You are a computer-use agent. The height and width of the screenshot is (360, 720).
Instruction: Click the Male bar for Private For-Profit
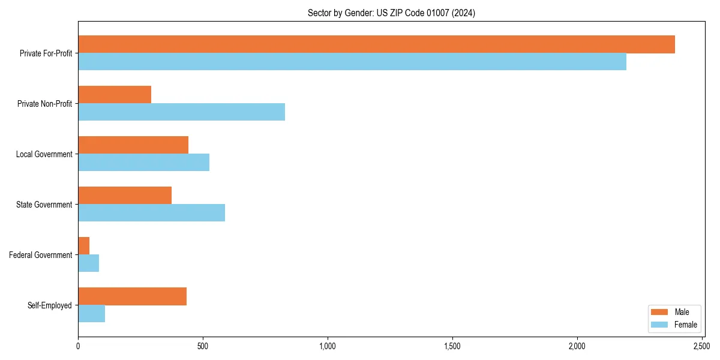coord(376,44)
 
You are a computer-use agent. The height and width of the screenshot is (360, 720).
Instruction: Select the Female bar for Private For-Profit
coord(352,62)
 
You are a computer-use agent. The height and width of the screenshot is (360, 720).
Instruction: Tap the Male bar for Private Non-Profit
coord(115,95)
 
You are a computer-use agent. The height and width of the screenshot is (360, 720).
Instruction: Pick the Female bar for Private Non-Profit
coord(181,112)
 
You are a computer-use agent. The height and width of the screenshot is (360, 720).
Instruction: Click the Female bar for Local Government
coord(143,163)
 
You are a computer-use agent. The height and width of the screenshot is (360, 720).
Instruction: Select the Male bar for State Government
coord(125,196)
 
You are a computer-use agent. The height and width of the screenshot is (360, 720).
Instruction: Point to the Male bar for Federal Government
coord(84,246)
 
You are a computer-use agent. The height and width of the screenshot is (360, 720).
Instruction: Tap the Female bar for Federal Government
coord(89,263)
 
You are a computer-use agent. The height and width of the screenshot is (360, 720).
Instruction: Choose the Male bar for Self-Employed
coord(132,296)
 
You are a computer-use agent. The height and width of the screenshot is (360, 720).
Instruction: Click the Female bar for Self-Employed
coord(92,314)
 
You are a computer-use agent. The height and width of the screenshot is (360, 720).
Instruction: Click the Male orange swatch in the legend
coord(659,312)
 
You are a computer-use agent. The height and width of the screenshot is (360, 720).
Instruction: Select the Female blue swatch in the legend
coord(659,325)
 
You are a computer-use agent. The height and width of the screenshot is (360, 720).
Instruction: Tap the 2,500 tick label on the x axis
coord(701,346)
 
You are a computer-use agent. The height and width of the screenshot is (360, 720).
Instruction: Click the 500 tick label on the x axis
coord(203,346)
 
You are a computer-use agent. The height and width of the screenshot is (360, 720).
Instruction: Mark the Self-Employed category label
coord(50,305)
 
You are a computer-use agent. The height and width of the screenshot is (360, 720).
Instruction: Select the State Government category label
coord(44,205)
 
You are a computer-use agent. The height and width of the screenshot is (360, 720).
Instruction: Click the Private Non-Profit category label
coord(46,104)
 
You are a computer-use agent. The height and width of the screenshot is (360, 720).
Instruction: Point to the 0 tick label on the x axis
coord(78,346)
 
